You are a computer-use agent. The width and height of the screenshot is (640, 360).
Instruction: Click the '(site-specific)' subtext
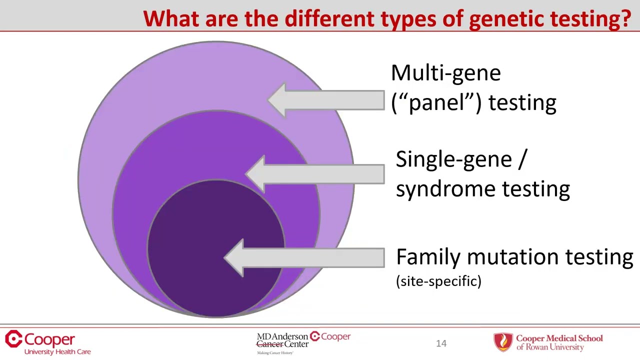438,281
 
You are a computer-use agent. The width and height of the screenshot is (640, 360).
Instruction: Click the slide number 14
441,343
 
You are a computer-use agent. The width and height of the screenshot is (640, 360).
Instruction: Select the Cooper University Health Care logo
47,342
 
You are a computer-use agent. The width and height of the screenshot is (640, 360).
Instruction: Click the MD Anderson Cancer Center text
282,340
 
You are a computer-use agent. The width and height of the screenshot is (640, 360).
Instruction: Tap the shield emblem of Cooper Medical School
503,342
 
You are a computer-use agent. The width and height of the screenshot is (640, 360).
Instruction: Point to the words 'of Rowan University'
550,347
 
